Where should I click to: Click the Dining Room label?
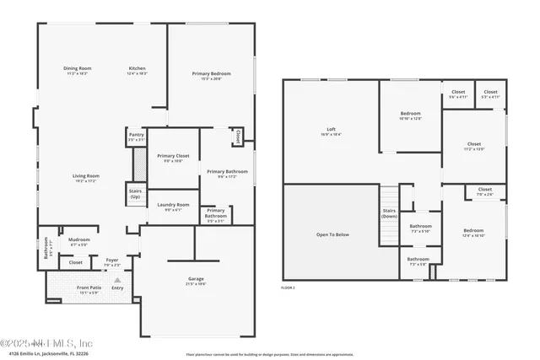tap(77, 68)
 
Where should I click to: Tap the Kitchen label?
tap(138, 68)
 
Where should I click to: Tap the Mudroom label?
tap(79, 239)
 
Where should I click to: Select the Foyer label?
tap(112, 261)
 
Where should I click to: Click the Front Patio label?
tap(89, 288)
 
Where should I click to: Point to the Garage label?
tap(197, 279)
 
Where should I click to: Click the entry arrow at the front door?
tap(117, 279)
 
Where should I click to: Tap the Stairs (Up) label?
tap(135, 193)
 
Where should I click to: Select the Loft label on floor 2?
tap(325, 130)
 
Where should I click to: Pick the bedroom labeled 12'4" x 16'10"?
tap(473, 232)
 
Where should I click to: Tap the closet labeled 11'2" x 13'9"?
tap(474, 145)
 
